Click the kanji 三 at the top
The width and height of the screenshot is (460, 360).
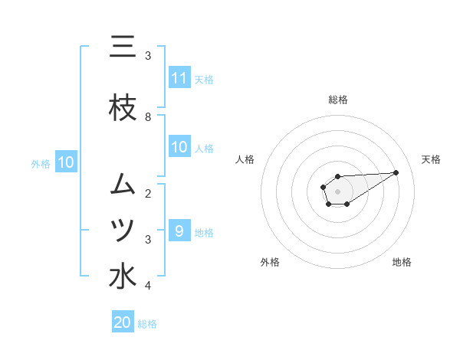tap(123, 48)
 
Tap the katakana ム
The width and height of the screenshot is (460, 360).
tap(123, 184)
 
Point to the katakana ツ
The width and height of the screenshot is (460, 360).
tap(123, 230)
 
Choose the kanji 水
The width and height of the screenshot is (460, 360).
tap(123, 277)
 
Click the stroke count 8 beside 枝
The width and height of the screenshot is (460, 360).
tap(148, 117)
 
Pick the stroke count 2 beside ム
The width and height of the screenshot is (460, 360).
tap(148, 193)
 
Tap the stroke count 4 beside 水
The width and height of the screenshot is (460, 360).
tap(148, 286)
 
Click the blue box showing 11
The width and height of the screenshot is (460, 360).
tap(179, 78)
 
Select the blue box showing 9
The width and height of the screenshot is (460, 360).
tap(179, 231)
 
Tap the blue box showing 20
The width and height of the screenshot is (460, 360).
tap(123, 322)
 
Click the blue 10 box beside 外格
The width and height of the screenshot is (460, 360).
tap(65, 162)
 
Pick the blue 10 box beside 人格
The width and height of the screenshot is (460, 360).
tap(179, 147)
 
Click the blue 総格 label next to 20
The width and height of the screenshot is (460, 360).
tap(147, 324)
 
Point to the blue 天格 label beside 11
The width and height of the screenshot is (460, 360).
tap(204, 79)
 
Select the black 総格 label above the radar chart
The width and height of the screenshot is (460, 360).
tap(337, 100)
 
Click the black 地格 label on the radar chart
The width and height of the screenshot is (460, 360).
tap(402, 262)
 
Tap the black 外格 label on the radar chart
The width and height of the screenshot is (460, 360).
tap(270, 262)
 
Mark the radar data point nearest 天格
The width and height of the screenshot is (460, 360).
tap(396, 172)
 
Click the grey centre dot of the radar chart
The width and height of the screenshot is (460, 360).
tap(337, 190)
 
